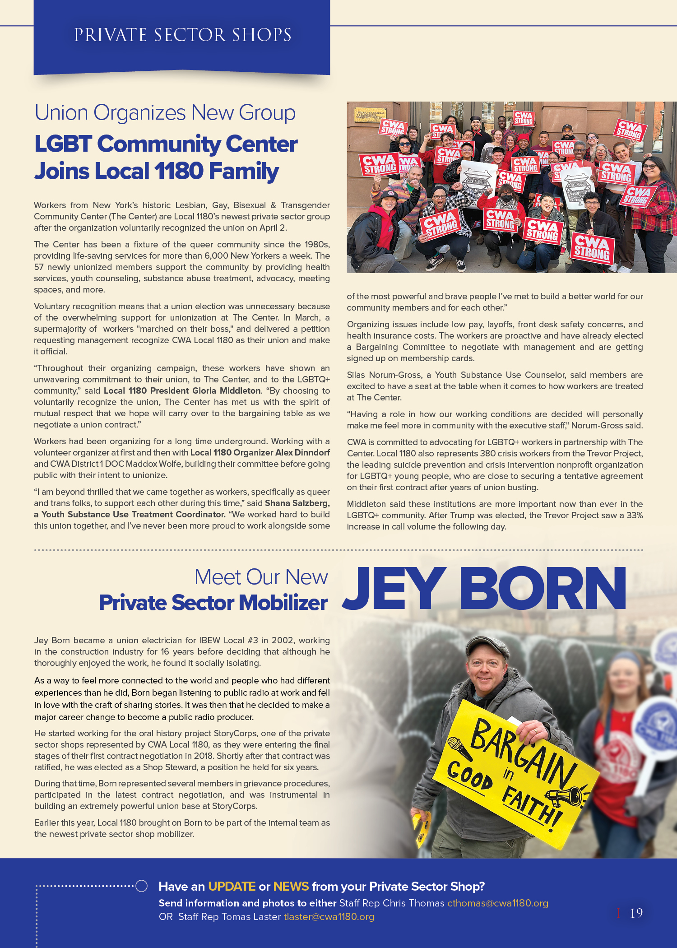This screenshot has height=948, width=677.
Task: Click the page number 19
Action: (x=636, y=913)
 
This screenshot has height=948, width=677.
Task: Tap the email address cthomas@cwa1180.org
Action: (x=497, y=903)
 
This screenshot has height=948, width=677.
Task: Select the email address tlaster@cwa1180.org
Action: (x=329, y=917)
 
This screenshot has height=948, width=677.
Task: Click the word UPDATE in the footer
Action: (x=232, y=887)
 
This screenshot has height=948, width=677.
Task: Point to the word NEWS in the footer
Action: (x=291, y=887)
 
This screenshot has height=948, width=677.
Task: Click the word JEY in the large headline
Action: (x=394, y=589)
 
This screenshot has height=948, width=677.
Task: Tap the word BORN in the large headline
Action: (x=543, y=589)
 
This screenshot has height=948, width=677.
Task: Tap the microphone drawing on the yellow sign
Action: (x=459, y=747)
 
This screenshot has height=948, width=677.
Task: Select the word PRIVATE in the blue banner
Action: (x=110, y=35)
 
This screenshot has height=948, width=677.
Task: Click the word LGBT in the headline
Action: (x=63, y=144)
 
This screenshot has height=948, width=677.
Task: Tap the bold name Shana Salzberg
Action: (x=297, y=503)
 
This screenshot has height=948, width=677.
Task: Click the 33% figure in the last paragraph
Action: (x=634, y=516)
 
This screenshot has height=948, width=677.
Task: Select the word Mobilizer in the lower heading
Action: (x=283, y=603)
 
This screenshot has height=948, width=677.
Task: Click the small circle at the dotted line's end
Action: (x=142, y=886)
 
